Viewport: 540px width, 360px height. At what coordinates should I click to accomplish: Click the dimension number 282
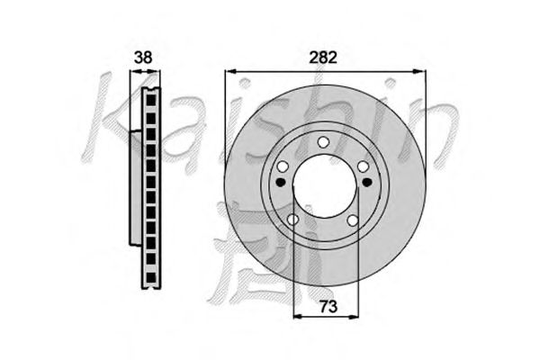pos(323,58)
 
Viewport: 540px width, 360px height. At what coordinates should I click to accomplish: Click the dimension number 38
pos(142,58)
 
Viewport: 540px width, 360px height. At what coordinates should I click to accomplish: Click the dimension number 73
pos(328,307)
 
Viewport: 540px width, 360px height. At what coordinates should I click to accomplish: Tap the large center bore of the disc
pos(325,186)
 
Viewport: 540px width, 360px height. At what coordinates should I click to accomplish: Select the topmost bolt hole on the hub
pos(323,142)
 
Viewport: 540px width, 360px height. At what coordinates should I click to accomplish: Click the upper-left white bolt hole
pos(283,167)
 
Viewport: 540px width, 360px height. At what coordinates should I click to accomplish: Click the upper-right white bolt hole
pos(363,167)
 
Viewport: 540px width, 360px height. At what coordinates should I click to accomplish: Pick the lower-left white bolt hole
pos(292,219)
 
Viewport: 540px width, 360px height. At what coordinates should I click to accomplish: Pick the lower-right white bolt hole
pos(353,220)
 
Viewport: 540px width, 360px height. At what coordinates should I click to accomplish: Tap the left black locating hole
pos(281,182)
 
